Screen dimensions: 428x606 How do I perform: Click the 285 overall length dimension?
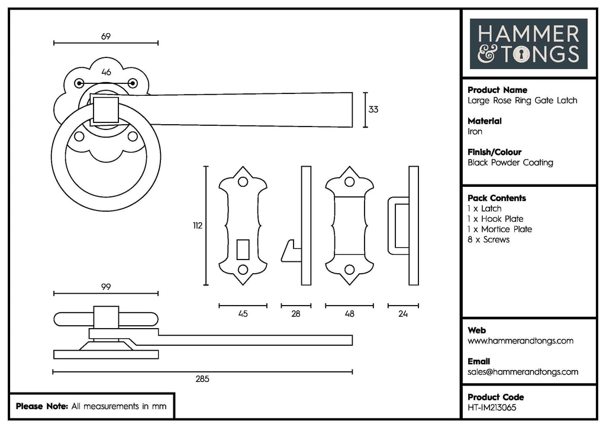coord(202,379)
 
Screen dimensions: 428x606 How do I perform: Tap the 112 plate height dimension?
coord(198,225)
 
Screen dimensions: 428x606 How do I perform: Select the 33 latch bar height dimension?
coord(373,109)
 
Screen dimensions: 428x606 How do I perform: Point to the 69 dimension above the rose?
coord(106,36)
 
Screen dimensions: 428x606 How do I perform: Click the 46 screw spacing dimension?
coord(106,72)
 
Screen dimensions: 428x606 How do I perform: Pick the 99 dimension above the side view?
coord(106,287)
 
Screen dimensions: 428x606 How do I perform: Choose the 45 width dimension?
coord(243,314)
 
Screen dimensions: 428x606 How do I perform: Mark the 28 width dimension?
coord(296,314)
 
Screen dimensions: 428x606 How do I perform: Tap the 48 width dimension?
coord(349,314)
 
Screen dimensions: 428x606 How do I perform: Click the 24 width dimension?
coord(403,314)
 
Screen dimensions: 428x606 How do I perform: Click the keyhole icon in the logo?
coord(521,54)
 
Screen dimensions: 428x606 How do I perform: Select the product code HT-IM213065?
coord(496,408)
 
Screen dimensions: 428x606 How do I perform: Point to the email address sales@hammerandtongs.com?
coord(523,372)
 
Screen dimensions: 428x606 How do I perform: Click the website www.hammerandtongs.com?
coord(520,341)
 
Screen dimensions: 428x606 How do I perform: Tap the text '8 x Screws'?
coord(488,239)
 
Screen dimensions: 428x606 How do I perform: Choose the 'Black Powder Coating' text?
coord(510,162)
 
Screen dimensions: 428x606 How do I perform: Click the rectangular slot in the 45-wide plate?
coord(243,249)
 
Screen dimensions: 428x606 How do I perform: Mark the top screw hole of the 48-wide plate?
coord(349,183)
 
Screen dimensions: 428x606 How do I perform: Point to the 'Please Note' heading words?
coord(41,407)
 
